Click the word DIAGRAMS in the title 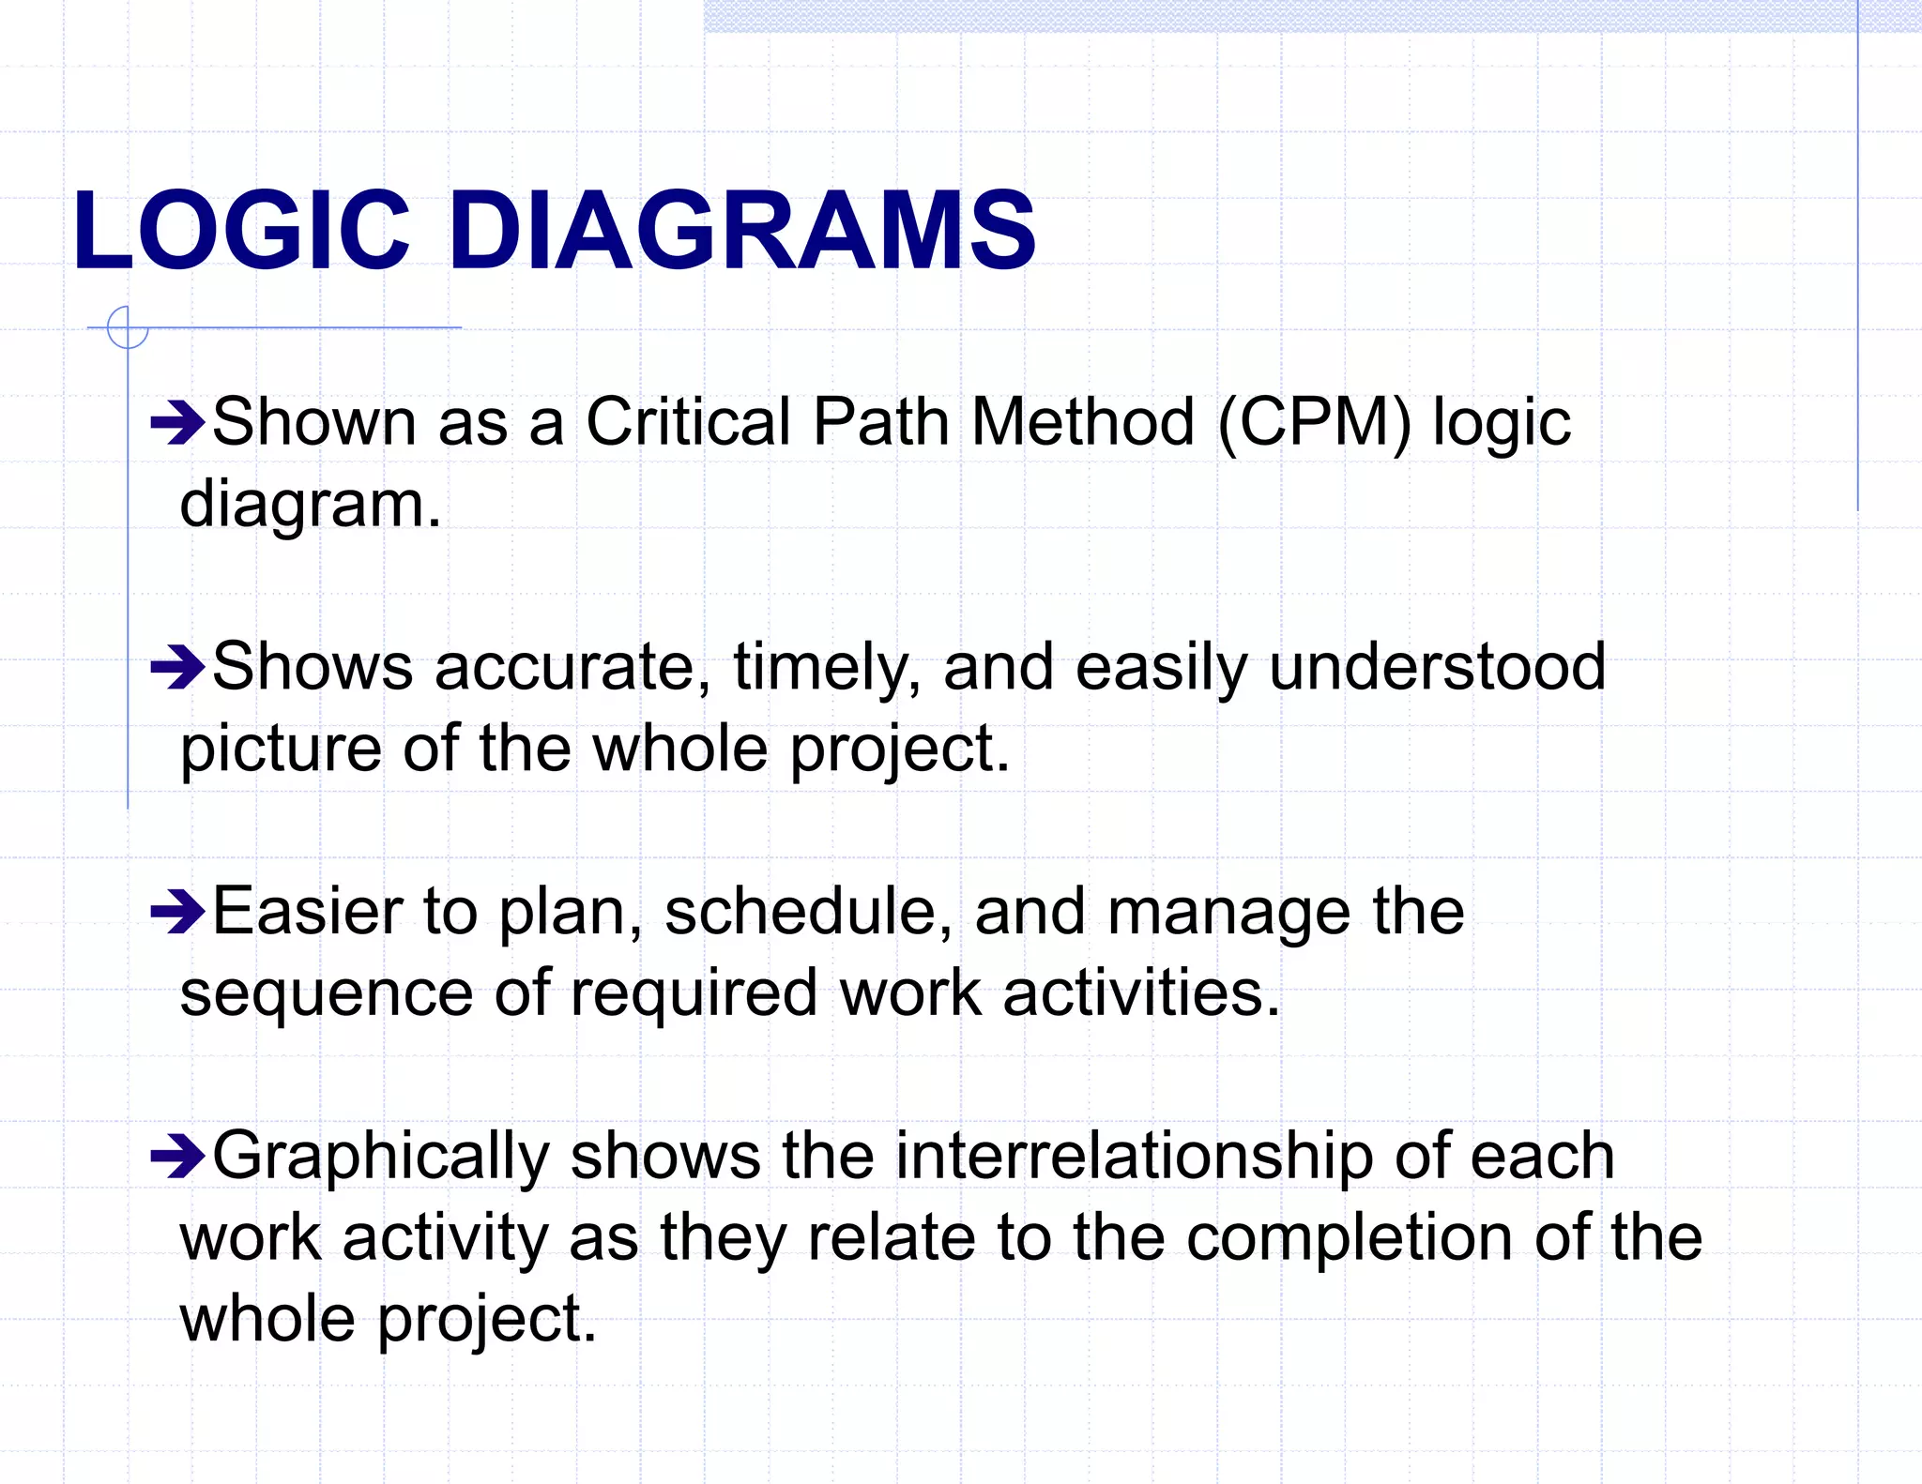pyautogui.click(x=741, y=231)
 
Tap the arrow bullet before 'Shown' pyautogui.click(x=177, y=423)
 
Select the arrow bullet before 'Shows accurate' pyautogui.click(x=177, y=668)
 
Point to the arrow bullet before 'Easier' pyautogui.click(x=177, y=912)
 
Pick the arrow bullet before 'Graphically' pyautogui.click(x=177, y=1157)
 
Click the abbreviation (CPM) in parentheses pyautogui.click(x=1314, y=423)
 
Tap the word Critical pyautogui.click(x=688, y=421)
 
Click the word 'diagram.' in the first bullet pyautogui.click(x=310, y=506)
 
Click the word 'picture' pyautogui.click(x=281, y=750)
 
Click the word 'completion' pyautogui.click(x=1349, y=1238)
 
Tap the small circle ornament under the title pyautogui.click(x=128, y=328)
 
